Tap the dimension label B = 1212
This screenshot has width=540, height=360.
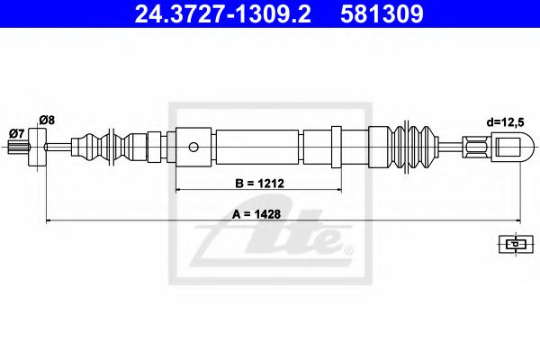(260, 183)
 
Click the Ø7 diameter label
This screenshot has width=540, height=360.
(15, 133)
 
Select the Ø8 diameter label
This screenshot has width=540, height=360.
(48, 118)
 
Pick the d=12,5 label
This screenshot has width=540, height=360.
(497, 119)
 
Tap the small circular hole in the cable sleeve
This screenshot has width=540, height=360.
(193, 145)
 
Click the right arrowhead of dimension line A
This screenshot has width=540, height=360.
(519, 220)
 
